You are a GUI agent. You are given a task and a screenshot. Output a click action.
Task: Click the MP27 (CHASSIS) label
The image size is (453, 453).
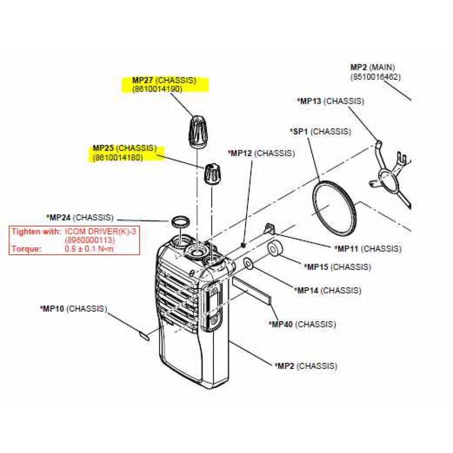tap(164, 80)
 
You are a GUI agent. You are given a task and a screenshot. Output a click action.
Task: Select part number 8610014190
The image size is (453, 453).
tap(157, 89)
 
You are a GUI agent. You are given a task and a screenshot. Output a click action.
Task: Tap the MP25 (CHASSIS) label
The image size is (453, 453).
tap(125, 148)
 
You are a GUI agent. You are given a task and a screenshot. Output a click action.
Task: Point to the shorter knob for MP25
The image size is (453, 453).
tap(212, 174)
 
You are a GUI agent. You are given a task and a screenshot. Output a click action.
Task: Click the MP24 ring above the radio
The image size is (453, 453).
tap(180, 222)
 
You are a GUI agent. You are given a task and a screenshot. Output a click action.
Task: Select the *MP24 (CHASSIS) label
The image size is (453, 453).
tap(80, 217)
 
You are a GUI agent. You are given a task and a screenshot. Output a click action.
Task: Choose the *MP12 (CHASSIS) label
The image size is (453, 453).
tap(261, 153)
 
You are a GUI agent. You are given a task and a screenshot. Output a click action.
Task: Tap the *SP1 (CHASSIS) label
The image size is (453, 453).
tap(320, 131)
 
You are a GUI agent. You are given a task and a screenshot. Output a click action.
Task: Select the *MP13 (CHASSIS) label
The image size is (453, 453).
tap(330, 101)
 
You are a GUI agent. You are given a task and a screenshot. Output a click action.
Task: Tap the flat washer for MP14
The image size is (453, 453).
tap(249, 263)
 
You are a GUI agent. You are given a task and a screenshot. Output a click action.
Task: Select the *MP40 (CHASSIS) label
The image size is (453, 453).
tap(302, 324)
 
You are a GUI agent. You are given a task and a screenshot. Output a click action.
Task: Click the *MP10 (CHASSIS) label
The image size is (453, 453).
tap(73, 309)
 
